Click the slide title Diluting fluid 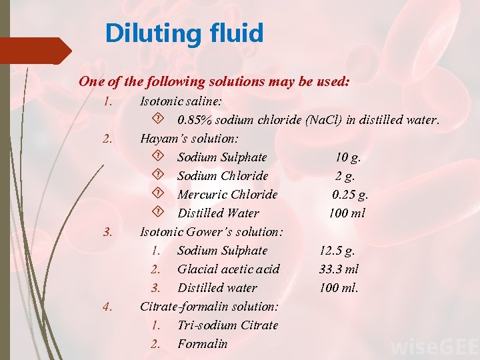point(184,33)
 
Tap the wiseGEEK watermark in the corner point(433,347)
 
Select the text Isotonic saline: point(181,101)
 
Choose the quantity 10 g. point(348,157)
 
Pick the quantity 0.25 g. point(350,195)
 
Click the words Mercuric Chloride point(227,195)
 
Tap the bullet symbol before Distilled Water point(158,213)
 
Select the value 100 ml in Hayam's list point(347,213)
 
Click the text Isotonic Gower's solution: point(211,232)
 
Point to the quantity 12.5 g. point(337,251)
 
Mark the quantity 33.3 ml point(339,269)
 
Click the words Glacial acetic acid point(228,269)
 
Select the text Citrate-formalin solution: point(209,307)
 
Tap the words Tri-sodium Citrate point(227,325)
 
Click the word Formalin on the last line point(202,344)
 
